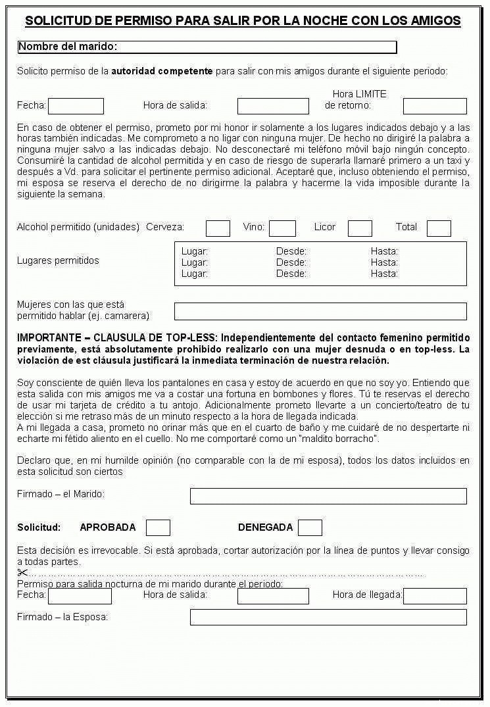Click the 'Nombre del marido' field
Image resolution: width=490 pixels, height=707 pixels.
tap(257, 47)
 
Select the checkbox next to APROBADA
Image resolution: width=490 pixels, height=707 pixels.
tap(158, 527)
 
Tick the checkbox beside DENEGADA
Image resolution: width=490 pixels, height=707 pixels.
tap(310, 527)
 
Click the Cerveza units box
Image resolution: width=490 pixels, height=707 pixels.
tap(218, 228)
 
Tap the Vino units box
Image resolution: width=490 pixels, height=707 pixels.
tap(282, 228)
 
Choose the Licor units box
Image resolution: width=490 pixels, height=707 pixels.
tap(360, 228)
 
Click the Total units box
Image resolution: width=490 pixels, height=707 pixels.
tap(439, 228)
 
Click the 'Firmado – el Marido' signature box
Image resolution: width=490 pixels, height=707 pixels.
tap(328, 496)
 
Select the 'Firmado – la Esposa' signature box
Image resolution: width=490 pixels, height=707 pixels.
tap(328, 617)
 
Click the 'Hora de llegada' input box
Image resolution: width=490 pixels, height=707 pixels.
tap(435, 596)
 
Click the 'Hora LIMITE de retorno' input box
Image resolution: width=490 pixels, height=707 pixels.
tap(435, 106)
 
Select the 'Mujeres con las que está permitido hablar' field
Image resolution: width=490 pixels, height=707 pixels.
tap(320, 311)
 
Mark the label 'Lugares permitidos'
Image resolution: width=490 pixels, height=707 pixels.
tap(58, 260)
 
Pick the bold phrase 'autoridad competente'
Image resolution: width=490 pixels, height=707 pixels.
tap(162, 71)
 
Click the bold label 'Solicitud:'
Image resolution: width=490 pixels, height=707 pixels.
tap(39, 527)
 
